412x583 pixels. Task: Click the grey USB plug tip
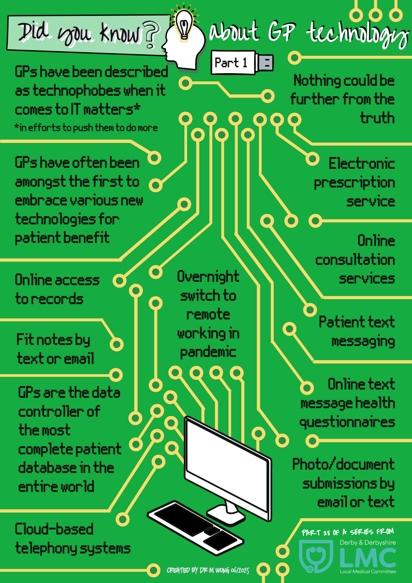(x=265, y=62)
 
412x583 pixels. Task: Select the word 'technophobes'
(x=77, y=91)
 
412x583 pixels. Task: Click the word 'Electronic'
(x=362, y=164)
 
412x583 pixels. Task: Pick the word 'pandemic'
(x=208, y=352)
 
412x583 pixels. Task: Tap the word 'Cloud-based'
(x=54, y=529)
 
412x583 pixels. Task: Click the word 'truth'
(x=377, y=118)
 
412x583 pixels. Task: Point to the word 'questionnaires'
(x=347, y=422)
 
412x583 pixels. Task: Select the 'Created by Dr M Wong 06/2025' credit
(x=208, y=570)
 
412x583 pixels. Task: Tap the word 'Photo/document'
(x=343, y=464)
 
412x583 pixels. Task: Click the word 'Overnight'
(x=208, y=277)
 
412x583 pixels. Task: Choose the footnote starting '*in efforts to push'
(x=86, y=128)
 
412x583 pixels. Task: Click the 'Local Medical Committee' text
(x=368, y=572)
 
